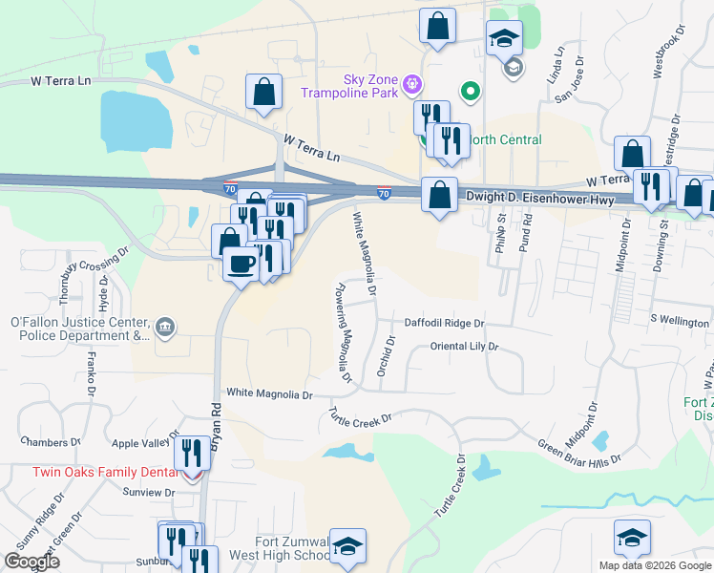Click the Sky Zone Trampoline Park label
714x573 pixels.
click(349, 85)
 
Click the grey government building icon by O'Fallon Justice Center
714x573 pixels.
click(165, 329)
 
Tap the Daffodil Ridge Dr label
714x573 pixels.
click(445, 324)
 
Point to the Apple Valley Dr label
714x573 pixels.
click(145, 443)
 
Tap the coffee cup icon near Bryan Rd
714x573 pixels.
click(240, 263)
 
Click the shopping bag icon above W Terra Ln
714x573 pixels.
click(263, 92)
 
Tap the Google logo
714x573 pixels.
click(31, 562)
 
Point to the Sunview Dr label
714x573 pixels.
click(149, 493)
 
